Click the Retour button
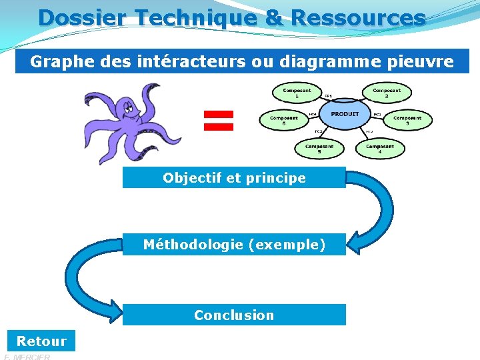pyautogui.click(x=41, y=341)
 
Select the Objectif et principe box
pyautogui.click(x=234, y=178)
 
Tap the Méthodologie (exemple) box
pyautogui.click(x=234, y=245)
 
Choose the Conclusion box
pyautogui.click(x=234, y=315)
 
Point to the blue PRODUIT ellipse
pyautogui.click(x=344, y=115)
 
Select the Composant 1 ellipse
pyautogui.click(x=297, y=93)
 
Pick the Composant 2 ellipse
pyautogui.click(x=387, y=93)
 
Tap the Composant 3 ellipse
pyautogui.click(x=407, y=120)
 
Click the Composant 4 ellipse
pyautogui.click(x=379, y=148)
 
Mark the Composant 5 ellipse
pyautogui.click(x=319, y=148)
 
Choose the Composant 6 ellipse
pyautogui.click(x=284, y=120)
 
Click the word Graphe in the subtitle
pyautogui.click(x=55, y=62)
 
